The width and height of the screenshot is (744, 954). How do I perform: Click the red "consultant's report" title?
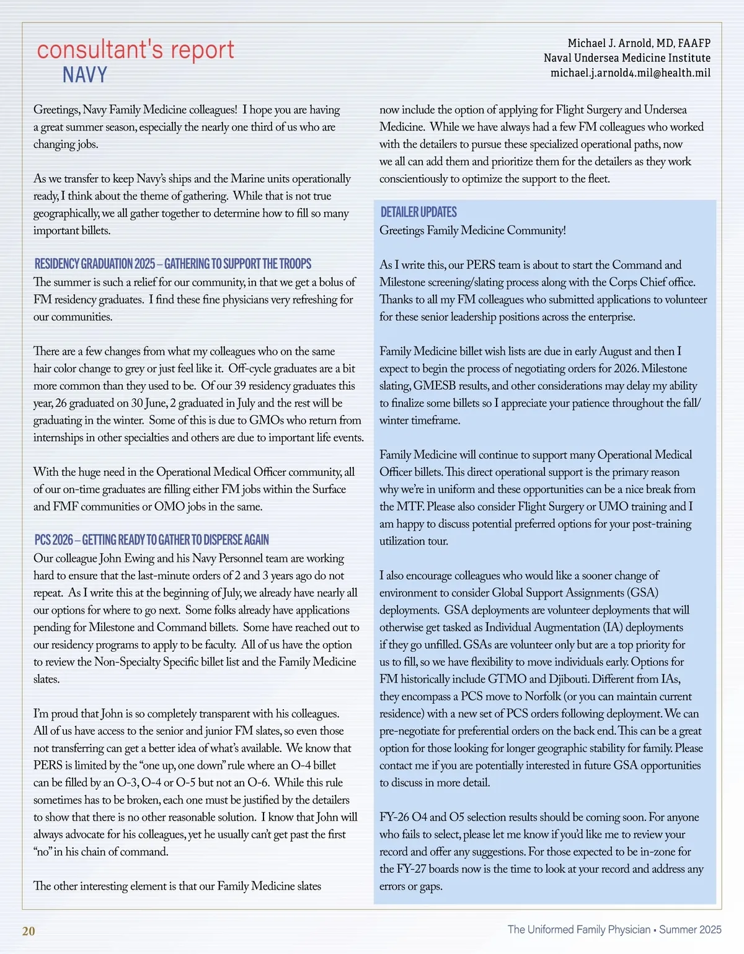click(135, 50)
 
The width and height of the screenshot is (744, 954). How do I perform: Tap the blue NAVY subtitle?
click(85, 75)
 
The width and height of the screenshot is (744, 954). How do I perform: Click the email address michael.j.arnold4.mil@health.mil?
click(630, 73)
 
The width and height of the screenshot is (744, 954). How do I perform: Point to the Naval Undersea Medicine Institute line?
click(627, 58)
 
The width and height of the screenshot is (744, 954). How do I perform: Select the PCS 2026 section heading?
click(152, 540)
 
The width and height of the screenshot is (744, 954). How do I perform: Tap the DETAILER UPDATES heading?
click(418, 212)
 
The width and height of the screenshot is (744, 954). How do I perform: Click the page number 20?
click(29, 931)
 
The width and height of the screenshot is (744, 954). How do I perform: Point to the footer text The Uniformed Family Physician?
click(578, 929)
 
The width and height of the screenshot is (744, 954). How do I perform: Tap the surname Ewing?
click(139, 558)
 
